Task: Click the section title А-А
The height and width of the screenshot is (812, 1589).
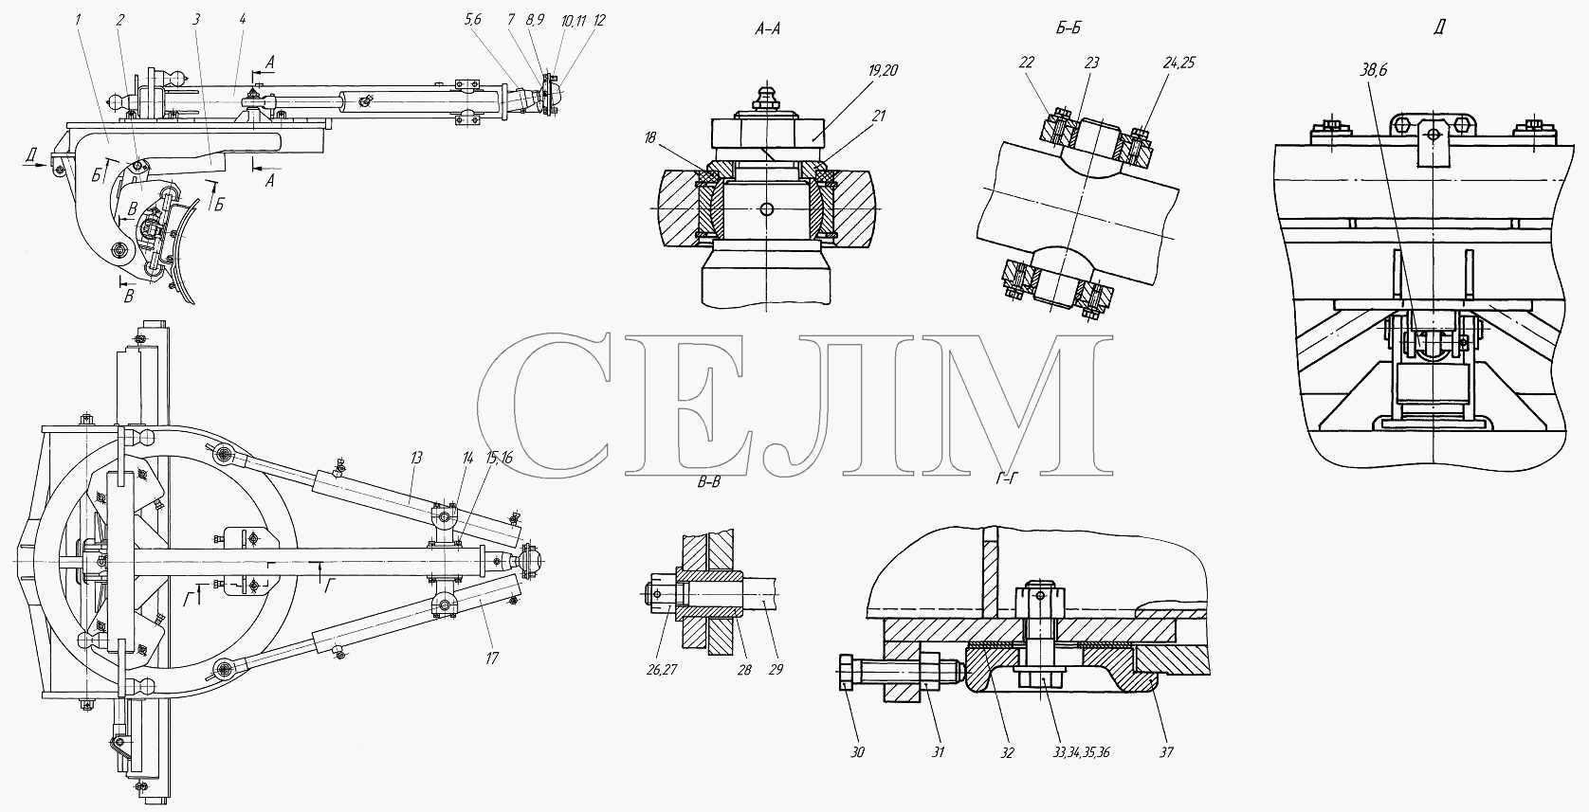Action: (x=768, y=29)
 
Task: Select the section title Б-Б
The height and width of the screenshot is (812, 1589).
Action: (x=1068, y=27)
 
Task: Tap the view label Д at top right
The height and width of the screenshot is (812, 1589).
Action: (x=1439, y=27)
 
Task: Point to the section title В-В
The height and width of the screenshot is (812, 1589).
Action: (x=708, y=483)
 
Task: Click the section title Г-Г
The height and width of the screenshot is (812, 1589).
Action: (x=1007, y=479)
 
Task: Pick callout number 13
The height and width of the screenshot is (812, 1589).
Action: (x=415, y=459)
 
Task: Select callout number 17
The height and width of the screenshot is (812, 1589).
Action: (x=492, y=659)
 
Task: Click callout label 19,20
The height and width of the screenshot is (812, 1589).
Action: (x=883, y=70)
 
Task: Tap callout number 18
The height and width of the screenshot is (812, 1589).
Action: (x=650, y=137)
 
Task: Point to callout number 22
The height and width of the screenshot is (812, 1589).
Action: (x=1027, y=63)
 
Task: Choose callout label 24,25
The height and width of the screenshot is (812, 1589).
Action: (x=1179, y=63)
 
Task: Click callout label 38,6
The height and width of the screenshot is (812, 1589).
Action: (x=1374, y=70)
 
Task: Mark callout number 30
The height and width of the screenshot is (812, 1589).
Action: (x=858, y=752)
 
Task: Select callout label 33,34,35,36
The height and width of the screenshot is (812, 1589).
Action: (x=1081, y=752)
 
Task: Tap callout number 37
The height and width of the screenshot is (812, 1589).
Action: (x=1166, y=752)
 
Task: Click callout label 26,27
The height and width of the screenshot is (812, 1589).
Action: (x=662, y=670)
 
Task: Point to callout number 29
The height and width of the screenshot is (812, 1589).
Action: (x=776, y=670)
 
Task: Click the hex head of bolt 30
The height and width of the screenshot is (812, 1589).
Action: (x=847, y=674)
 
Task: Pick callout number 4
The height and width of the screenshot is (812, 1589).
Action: (x=242, y=20)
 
